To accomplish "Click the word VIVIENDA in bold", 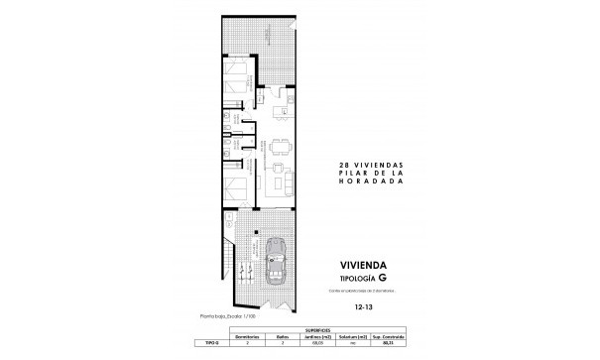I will [x=369, y=265].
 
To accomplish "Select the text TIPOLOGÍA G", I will [x=369, y=278].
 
